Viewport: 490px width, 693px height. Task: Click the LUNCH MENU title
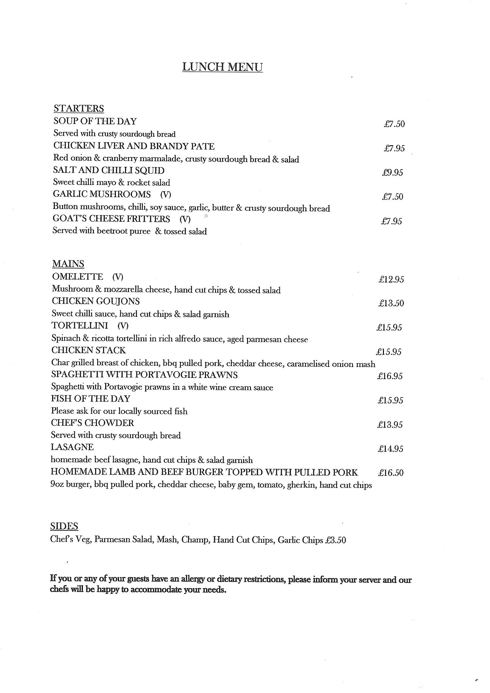pos(222,67)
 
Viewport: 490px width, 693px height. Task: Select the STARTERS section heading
pos(79,108)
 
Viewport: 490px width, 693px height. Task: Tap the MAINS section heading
pos(68,264)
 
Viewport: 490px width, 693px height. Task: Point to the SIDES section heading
pos(64,526)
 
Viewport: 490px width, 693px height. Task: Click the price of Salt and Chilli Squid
pos(392,172)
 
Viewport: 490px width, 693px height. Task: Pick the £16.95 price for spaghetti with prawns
pos(390,376)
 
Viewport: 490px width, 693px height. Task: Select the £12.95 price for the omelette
pos(391,279)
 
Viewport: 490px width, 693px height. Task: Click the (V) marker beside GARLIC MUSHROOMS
pos(166,194)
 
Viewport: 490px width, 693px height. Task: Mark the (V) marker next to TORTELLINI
pos(123,325)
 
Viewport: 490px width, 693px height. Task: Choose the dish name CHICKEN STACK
pos(88,350)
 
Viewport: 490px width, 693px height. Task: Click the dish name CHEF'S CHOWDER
pos(92,423)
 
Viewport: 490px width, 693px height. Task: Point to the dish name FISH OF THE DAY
pos(91,398)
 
